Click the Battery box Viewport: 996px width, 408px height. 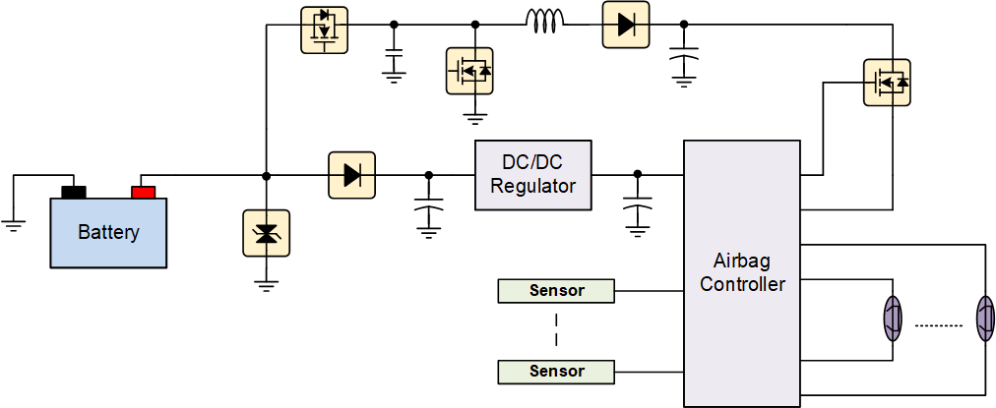[109, 233]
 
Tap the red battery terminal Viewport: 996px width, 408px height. [144, 192]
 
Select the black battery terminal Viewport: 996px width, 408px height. [74, 192]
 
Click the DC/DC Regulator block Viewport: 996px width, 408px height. [532, 175]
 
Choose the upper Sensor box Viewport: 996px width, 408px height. [556, 291]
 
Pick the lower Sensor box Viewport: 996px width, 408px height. [556, 372]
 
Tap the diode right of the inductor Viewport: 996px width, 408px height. [626, 25]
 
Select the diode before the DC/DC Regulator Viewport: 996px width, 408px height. [352, 175]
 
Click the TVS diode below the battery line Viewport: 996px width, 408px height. [266, 233]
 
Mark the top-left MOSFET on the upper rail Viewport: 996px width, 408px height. [324, 29]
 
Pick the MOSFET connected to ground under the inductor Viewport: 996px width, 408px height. [470, 71]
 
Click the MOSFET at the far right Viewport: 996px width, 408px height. [887, 84]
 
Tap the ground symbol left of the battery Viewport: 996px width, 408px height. [14, 225]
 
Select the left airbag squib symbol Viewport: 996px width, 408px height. [892, 320]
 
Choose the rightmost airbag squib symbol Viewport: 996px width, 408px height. [984, 320]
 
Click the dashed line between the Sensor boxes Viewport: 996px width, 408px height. [556, 331]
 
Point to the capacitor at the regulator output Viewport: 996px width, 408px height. [638, 208]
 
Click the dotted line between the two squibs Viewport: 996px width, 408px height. [939, 325]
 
